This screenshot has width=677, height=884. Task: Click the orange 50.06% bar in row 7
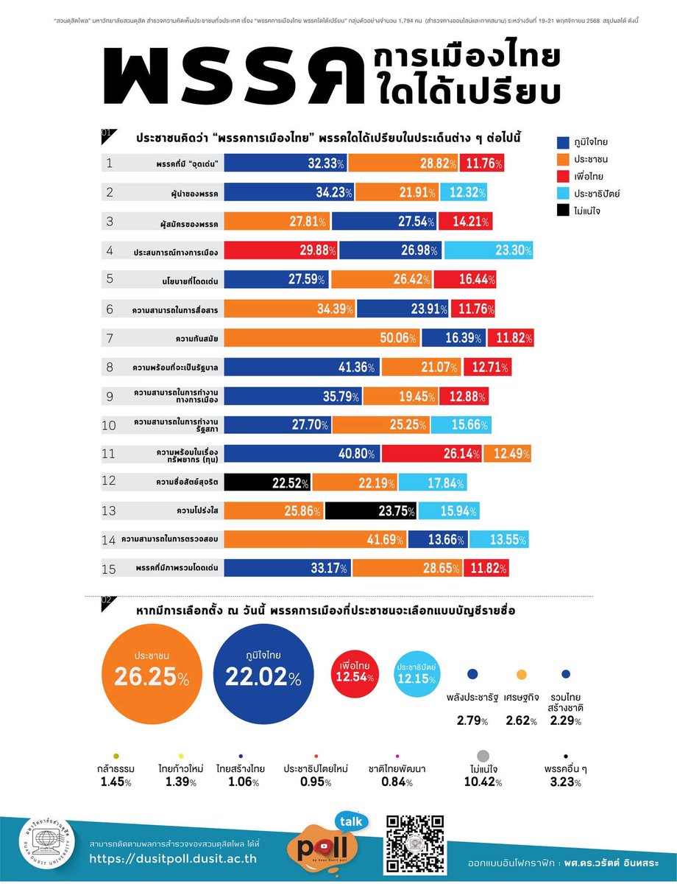(322, 338)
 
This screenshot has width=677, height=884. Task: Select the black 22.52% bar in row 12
(268, 483)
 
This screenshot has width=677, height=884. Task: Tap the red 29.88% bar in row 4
(281, 250)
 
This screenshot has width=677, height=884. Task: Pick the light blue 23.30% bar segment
(487, 250)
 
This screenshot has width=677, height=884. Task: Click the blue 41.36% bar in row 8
(302, 367)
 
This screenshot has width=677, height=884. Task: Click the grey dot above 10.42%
(483, 757)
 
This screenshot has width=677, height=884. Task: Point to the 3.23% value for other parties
(565, 782)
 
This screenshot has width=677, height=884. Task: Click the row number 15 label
(110, 568)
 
